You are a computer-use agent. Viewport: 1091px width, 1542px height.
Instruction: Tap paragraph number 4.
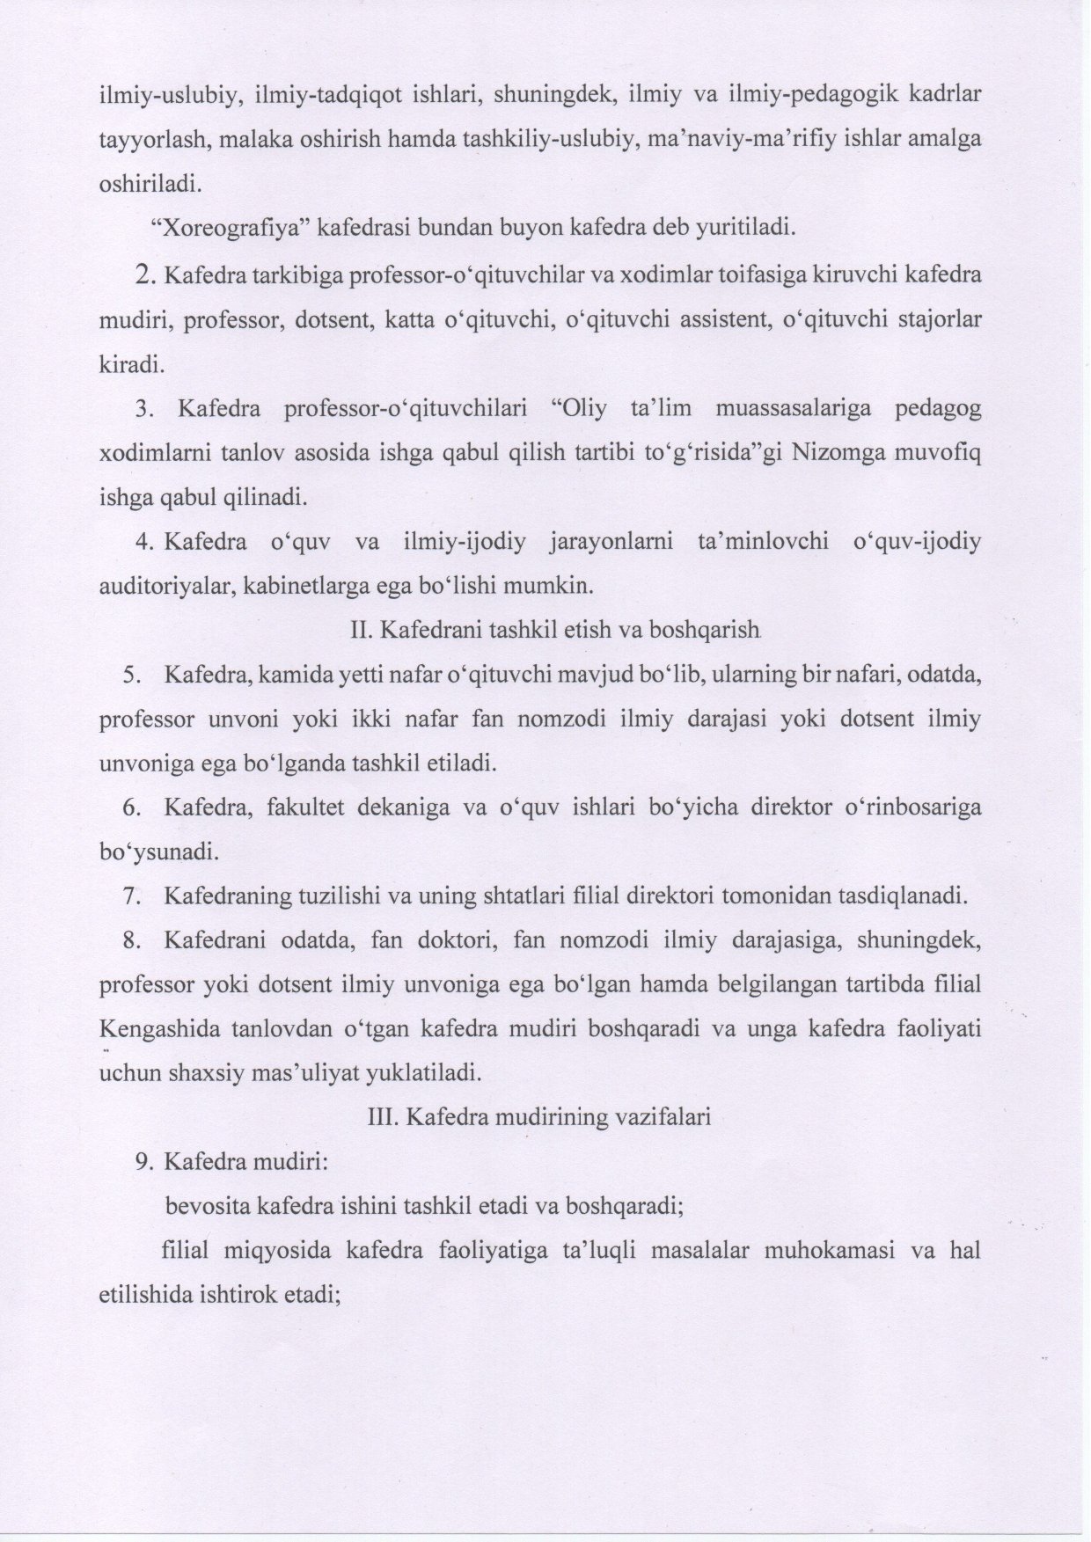click(146, 543)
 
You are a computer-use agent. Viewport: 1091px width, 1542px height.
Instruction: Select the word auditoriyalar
click(165, 587)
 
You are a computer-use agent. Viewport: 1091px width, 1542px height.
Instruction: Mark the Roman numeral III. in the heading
click(380, 1118)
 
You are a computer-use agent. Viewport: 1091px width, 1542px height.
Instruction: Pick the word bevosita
click(206, 1207)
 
